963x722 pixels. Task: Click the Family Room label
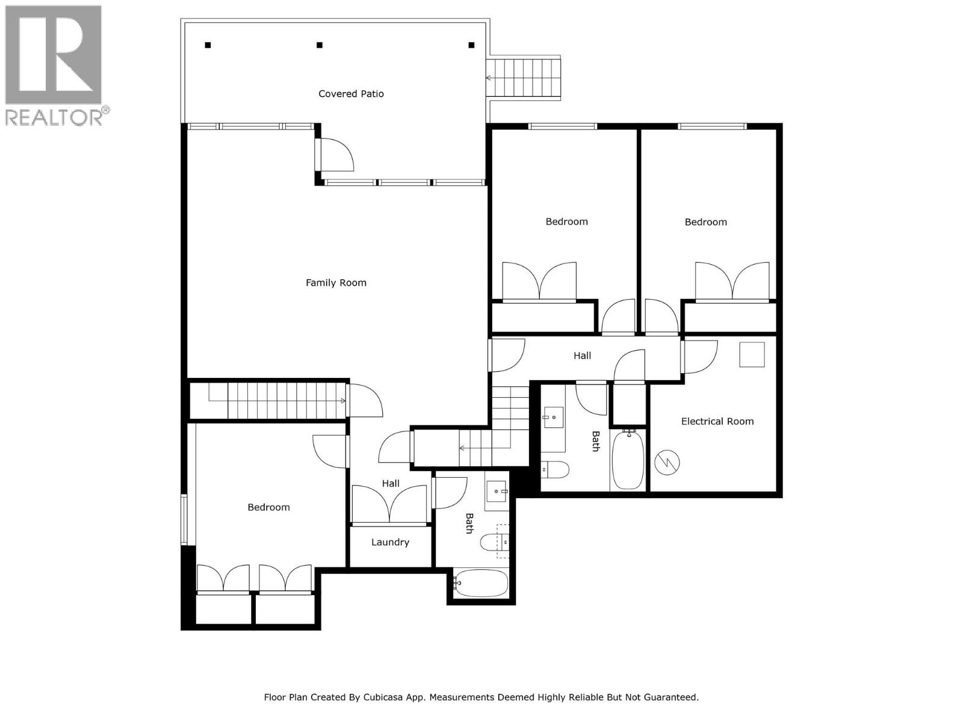pyautogui.click(x=336, y=283)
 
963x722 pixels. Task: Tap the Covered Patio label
pyautogui.click(x=351, y=94)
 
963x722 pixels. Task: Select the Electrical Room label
pyautogui.click(x=717, y=422)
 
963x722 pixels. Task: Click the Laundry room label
pyautogui.click(x=390, y=543)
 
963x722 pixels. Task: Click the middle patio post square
pyautogui.click(x=320, y=45)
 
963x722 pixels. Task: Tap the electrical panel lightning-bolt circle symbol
pyautogui.click(x=667, y=463)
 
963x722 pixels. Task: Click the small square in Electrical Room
pyautogui.click(x=752, y=354)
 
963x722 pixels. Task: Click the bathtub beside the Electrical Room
pyautogui.click(x=628, y=460)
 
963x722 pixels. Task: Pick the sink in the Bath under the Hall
pyautogui.click(x=553, y=417)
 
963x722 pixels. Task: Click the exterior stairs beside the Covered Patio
pyautogui.click(x=524, y=78)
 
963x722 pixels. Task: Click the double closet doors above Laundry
pyautogui.click(x=391, y=504)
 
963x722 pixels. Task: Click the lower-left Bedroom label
pyautogui.click(x=268, y=508)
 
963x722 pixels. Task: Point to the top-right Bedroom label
pyautogui.click(x=705, y=223)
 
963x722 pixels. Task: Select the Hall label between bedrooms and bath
pyautogui.click(x=582, y=356)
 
